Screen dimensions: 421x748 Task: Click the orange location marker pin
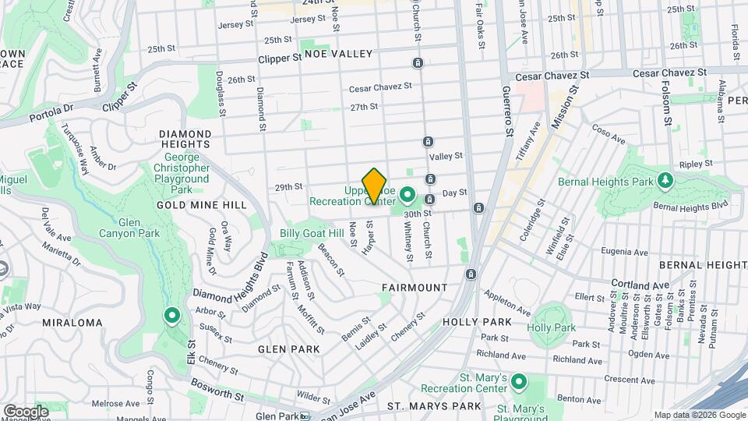pyautogui.click(x=375, y=186)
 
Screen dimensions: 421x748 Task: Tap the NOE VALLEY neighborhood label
pyautogui.click(x=340, y=54)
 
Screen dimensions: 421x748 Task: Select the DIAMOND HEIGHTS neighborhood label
pyautogui.click(x=184, y=139)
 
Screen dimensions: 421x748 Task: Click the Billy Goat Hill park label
pyautogui.click(x=312, y=233)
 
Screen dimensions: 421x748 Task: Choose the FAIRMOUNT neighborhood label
pyautogui.click(x=415, y=288)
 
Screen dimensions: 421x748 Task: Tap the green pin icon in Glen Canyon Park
pyautogui.click(x=171, y=316)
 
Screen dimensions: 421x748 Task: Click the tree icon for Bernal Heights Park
pyautogui.click(x=664, y=181)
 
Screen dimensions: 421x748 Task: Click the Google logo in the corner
pyautogui.click(x=26, y=411)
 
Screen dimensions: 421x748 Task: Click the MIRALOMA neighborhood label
pyautogui.click(x=72, y=323)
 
